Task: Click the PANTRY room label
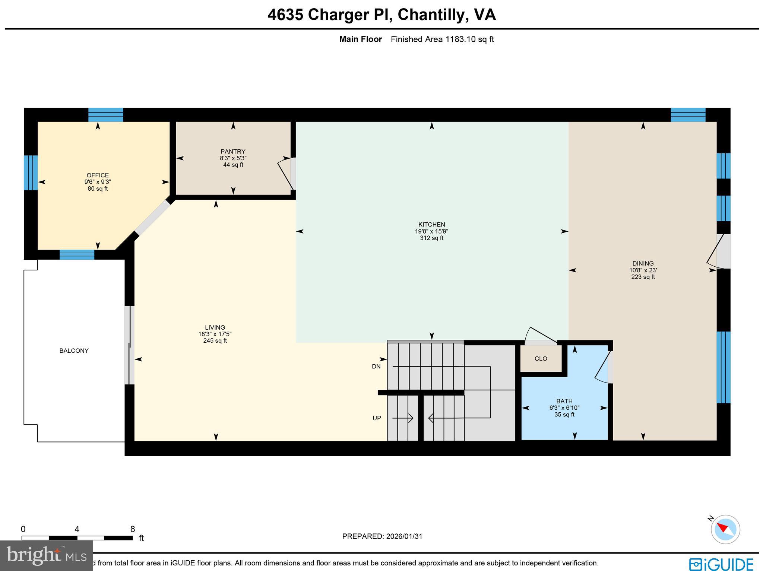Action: [x=233, y=152]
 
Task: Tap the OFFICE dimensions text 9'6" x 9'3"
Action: [x=98, y=182]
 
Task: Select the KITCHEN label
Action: [x=431, y=225]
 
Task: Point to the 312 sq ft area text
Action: [x=431, y=238]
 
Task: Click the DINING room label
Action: [x=643, y=263]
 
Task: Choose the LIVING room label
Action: [x=215, y=327]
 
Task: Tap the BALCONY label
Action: [x=74, y=350]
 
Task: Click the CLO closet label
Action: [x=541, y=359]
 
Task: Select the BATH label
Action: [x=564, y=401]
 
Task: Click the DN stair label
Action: [x=376, y=367]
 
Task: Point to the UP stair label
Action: [x=377, y=418]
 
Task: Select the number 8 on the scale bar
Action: [x=132, y=529]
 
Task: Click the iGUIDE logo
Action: [x=721, y=564]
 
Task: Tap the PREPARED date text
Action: [x=382, y=536]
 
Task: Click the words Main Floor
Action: [x=360, y=39]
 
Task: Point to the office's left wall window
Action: [x=31, y=172]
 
